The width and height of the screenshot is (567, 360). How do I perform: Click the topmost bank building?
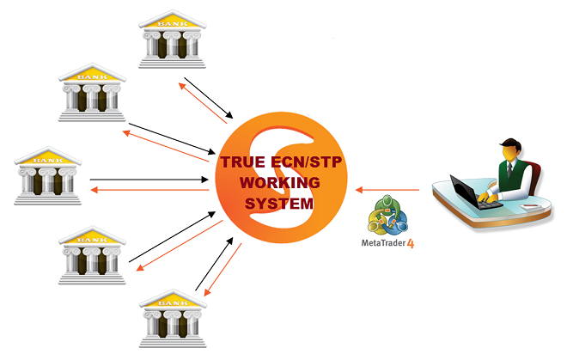[173, 39]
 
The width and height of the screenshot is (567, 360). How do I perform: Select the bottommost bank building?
[173, 319]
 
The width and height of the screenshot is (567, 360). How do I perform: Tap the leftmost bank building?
[48, 176]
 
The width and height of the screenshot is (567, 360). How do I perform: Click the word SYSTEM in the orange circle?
[279, 204]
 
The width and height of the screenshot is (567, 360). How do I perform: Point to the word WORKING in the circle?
[280, 183]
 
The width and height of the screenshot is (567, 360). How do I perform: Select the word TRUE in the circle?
[243, 162]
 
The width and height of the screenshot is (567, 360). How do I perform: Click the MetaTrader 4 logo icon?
[387, 215]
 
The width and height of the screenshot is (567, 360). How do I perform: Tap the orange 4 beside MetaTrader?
[411, 243]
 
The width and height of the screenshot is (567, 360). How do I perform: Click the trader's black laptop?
[473, 192]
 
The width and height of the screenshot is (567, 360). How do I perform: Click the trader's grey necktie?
[509, 169]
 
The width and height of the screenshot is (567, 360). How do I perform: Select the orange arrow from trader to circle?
[387, 190]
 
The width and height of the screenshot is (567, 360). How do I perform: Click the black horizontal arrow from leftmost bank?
[149, 180]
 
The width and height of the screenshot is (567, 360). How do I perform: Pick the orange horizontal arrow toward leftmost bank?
[149, 190]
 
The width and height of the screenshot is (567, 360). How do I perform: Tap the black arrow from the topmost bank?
[209, 98]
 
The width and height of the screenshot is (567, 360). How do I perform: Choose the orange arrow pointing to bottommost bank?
[223, 270]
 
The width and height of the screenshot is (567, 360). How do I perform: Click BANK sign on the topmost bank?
[173, 24]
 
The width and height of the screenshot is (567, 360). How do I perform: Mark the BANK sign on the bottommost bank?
[173, 302]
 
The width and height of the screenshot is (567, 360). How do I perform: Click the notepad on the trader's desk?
[530, 206]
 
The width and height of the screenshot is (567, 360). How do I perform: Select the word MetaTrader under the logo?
[383, 243]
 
